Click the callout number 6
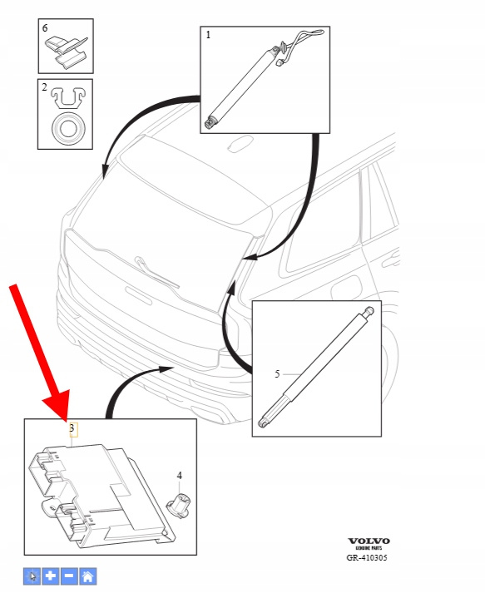45,27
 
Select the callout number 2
44,87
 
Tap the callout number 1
208,35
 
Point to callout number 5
277,374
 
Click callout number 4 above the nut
180,476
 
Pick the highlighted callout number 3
72,428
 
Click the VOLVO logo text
369,541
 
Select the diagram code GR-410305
367,557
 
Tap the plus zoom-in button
51,576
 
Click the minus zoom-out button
69,576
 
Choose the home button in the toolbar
88,576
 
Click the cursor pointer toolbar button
32,576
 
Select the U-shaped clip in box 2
68,97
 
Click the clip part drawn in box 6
67,51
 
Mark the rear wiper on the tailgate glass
156,271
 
